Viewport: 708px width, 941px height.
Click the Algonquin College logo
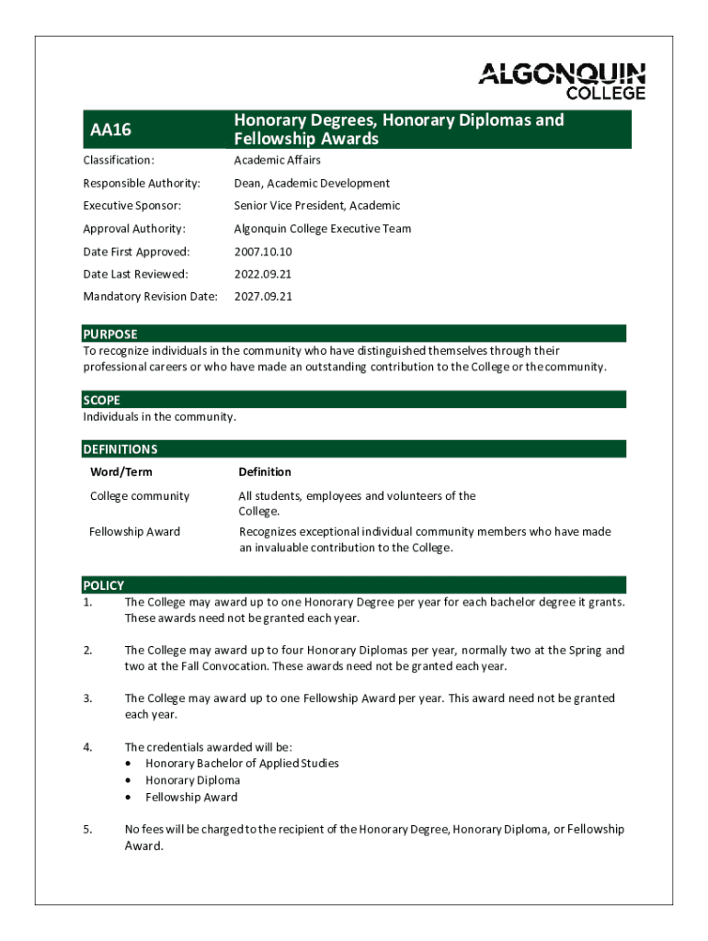click(x=561, y=81)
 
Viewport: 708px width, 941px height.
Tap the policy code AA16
click(x=110, y=130)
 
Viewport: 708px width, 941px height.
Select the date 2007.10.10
click(x=263, y=252)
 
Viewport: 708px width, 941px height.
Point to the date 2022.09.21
click(x=263, y=274)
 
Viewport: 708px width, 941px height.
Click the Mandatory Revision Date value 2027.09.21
click(x=263, y=297)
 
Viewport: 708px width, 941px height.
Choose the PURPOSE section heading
click(x=109, y=334)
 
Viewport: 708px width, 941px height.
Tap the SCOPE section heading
click(x=101, y=401)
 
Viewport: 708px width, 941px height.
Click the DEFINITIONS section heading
click(x=120, y=449)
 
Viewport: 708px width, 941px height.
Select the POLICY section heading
click(x=103, y=585)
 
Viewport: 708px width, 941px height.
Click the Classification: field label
click(x=119, y=161)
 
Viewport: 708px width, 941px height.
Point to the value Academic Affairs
click(x=277, y=161)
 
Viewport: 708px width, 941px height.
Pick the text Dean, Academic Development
click(x=312, y=184)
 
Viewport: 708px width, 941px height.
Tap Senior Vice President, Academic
click(x=316, y=206)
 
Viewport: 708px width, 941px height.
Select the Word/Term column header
click(x=120, y=472)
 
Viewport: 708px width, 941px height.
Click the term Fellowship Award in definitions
click(x=134, y=532)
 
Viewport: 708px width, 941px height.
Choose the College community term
click(x=139, y=496)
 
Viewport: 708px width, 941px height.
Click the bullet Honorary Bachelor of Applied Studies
click(x=242, y=764)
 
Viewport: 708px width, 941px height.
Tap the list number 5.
click(x=87, y=830)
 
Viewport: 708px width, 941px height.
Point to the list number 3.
click(x=87, y=698)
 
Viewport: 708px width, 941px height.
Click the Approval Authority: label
click(x=133, y=229)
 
